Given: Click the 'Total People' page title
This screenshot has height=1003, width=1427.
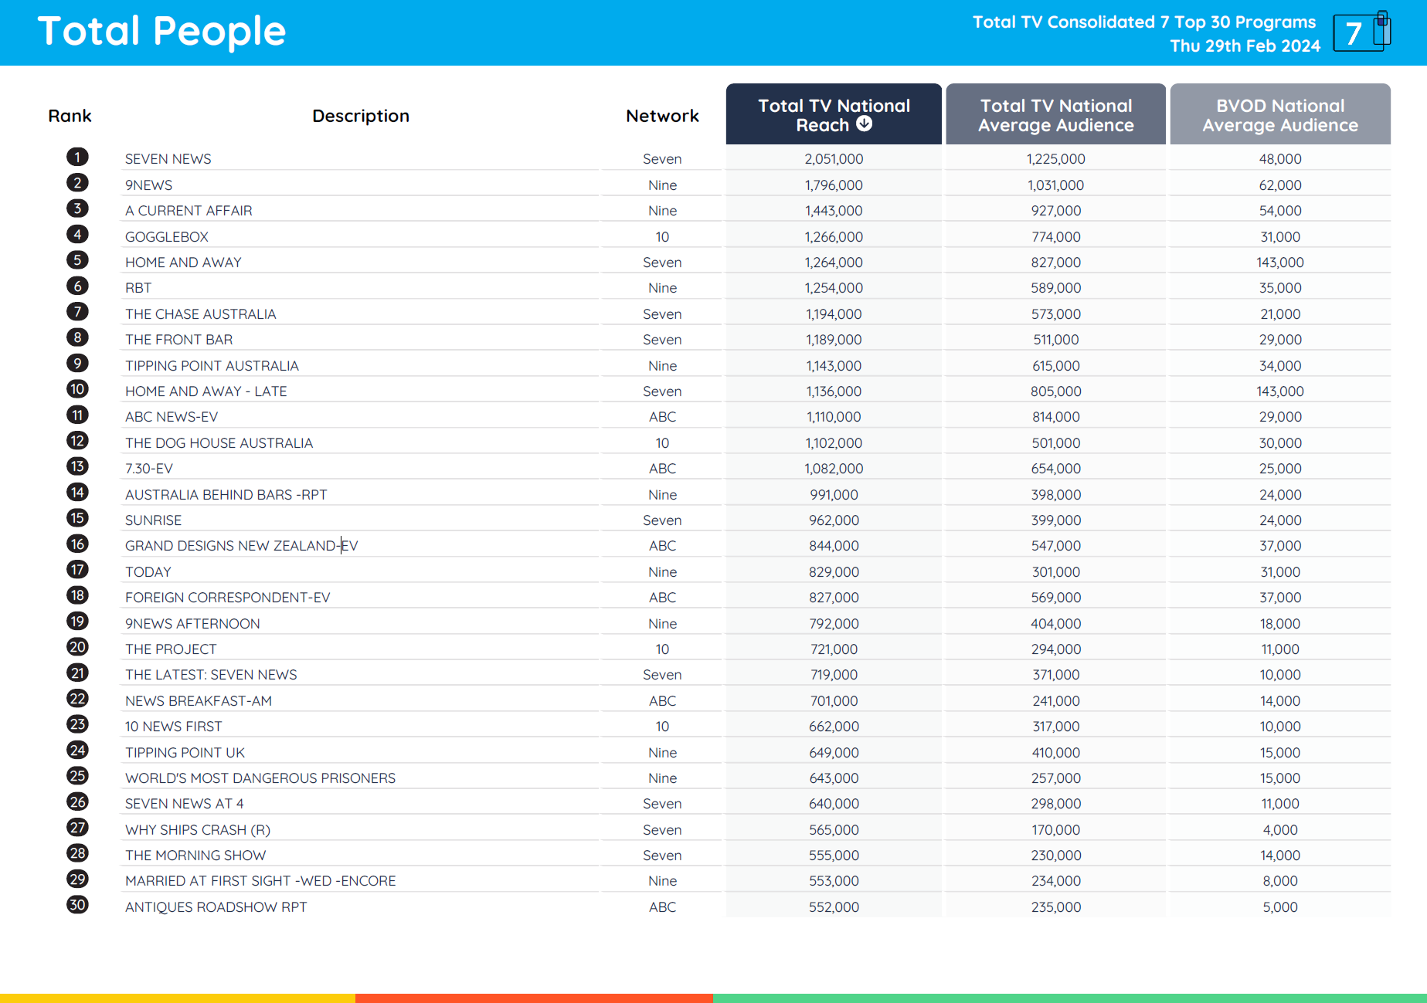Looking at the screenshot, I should [161, 32].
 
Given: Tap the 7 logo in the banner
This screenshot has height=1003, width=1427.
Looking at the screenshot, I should [1361, 32].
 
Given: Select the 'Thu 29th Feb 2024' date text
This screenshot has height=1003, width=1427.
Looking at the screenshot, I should [1245, 46].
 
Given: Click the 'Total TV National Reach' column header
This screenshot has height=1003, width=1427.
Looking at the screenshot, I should [833, 114].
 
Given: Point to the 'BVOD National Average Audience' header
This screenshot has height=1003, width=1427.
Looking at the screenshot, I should [1279, 115].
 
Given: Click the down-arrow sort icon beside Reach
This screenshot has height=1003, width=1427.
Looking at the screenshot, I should [865, 124].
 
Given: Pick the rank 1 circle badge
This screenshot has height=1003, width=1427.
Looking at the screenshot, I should [77, 158].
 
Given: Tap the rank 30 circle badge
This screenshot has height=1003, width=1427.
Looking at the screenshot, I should [77, 905].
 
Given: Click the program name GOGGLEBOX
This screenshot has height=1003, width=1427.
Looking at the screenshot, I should [167, 237].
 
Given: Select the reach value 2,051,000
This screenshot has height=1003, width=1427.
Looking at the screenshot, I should [834, 159].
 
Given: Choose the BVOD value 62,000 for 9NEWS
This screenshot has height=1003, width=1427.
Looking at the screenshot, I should [1279, 185].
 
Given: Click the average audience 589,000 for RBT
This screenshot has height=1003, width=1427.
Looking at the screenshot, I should [1055, 288].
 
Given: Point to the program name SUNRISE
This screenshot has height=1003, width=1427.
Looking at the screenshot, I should [153, 520].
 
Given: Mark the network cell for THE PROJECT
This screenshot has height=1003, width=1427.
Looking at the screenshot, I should [662, 649].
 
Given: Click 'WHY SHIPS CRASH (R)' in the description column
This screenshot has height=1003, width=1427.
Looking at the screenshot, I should [198, 830].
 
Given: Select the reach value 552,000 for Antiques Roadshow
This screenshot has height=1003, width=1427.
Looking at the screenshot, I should [834, 907].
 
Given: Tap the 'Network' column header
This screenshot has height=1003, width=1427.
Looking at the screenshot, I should [662, 116].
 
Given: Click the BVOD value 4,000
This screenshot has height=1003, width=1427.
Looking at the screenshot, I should [1279, 830].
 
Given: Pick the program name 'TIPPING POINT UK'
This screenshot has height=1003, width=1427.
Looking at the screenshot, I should [185, 753].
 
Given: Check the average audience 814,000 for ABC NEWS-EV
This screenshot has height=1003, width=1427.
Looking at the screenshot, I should [1055, 417].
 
